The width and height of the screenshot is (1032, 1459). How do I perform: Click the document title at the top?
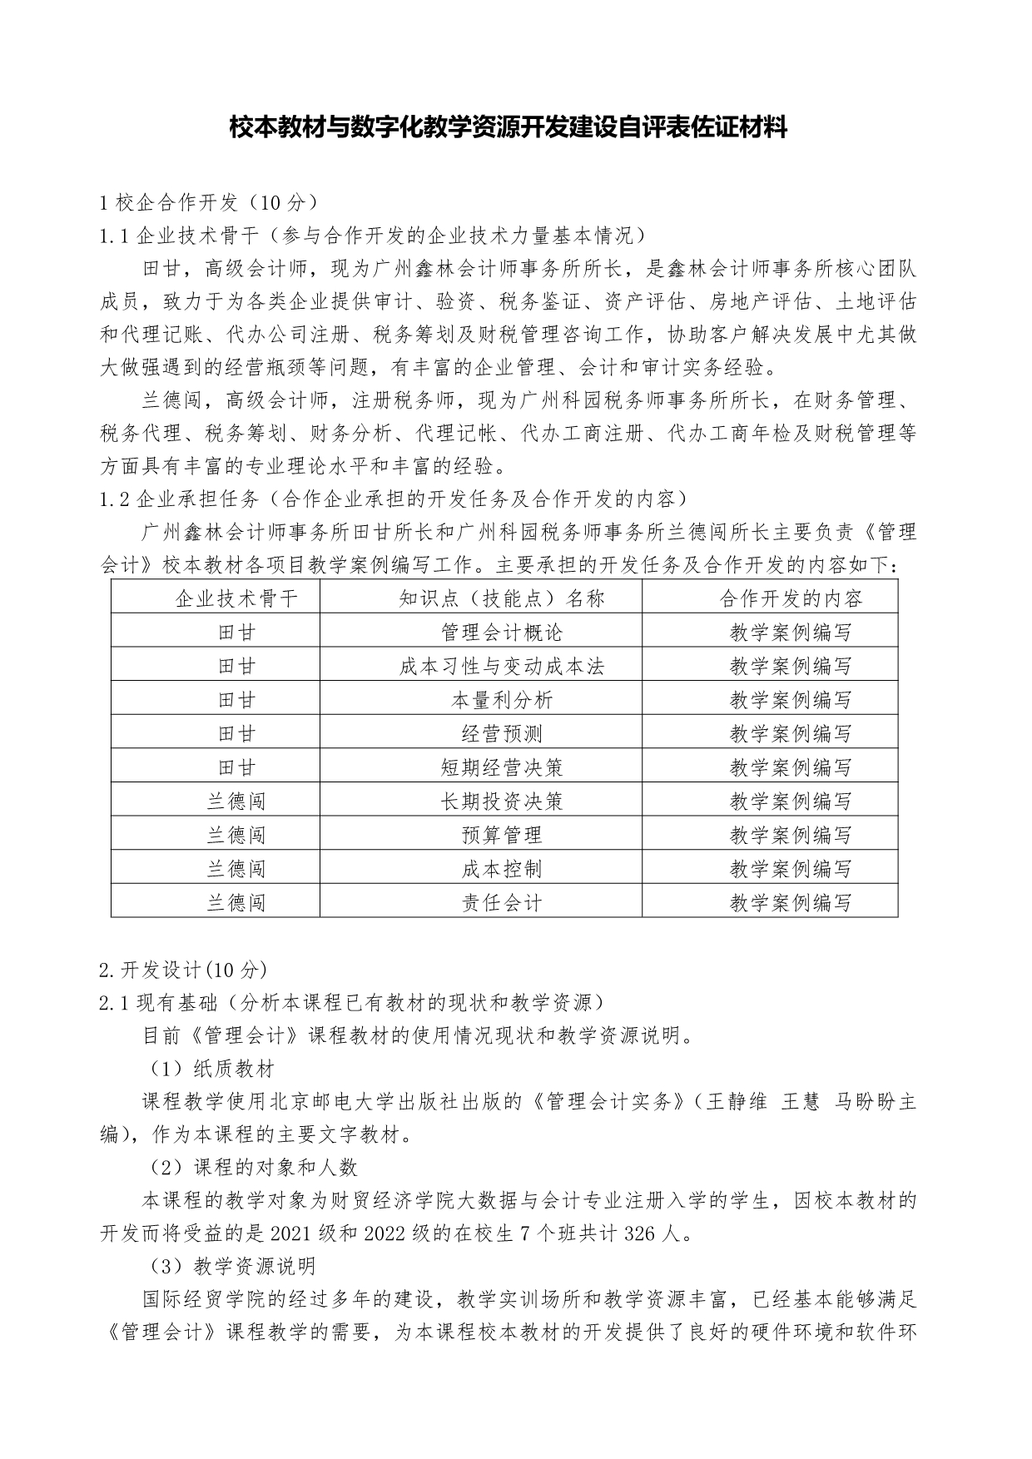click(509, 128)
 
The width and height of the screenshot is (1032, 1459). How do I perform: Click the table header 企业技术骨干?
click(236, 598)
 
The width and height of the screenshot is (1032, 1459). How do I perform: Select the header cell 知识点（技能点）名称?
click(501, 598)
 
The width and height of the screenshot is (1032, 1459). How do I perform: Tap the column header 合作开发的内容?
click(791, 598)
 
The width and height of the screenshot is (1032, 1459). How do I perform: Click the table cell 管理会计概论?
click(501, 632)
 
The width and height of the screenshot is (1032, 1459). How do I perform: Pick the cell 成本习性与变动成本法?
click(501, 666)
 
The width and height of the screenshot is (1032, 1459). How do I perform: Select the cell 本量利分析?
click(501, 700)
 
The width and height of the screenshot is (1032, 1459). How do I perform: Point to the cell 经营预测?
click(501, 733)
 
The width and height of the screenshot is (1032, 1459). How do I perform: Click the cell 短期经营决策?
click(501, 767)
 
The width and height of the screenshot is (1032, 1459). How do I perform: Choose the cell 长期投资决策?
click(501, 801)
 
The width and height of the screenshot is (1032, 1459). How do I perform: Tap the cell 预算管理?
click(501, 835)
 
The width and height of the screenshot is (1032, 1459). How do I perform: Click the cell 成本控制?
click(501, 869)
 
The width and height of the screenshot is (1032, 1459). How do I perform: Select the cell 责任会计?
click(501, 902)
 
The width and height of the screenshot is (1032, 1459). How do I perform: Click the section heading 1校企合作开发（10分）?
click(208, 202)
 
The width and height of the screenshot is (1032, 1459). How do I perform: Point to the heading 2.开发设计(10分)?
click(183, 969)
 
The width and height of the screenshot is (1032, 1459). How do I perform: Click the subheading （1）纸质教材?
click(211, 1068)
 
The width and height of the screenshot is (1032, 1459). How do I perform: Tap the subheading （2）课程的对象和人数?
click(253, 1167)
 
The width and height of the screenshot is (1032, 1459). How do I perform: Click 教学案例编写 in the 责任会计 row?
click(791, 902)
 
